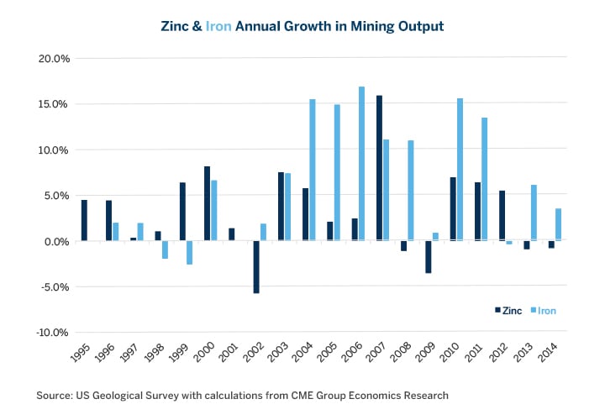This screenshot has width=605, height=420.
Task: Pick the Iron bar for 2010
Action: coord(460,170)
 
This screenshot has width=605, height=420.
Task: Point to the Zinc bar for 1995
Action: coord(84,220)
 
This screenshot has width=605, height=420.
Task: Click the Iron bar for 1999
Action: coord(190,253)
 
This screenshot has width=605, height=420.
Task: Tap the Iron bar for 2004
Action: coord(313,170)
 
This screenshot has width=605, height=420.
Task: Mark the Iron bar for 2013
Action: coord(534,213)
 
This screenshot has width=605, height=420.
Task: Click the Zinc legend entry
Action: coord(507,311)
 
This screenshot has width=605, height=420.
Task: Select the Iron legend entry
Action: coord(540,311)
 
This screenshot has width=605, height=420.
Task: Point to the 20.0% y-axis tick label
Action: coord(52,59)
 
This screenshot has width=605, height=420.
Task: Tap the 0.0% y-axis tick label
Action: coord(55,241)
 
